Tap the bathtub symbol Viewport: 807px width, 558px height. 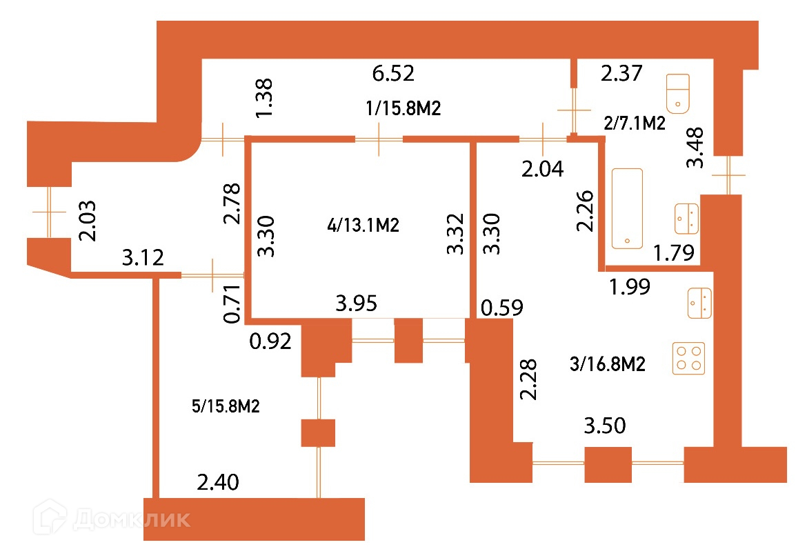click(627, 208)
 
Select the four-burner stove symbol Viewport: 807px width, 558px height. click(689, 358)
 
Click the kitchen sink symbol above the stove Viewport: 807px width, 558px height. click(700, 303)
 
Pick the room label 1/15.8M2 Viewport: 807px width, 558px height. click(403, 108)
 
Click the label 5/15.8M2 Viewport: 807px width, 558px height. click(226, 406)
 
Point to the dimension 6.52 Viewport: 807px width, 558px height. click(393, 72)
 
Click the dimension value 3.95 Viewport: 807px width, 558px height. click(356, 303)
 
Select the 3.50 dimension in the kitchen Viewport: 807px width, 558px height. click(605, 426)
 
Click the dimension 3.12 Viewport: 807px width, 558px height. click(143, 259)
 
